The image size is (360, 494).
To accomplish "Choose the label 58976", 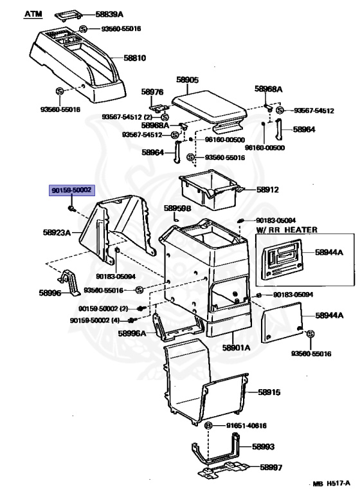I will (x=152, y=92).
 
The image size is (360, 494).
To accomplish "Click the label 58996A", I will (x=132, y=333).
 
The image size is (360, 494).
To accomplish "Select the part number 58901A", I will (x=236, y=347).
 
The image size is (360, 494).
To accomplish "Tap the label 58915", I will (x=269, y=392).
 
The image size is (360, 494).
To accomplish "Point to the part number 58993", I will (x=263, y=446).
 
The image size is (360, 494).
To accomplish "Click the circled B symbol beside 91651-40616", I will (x=208, y=426).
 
